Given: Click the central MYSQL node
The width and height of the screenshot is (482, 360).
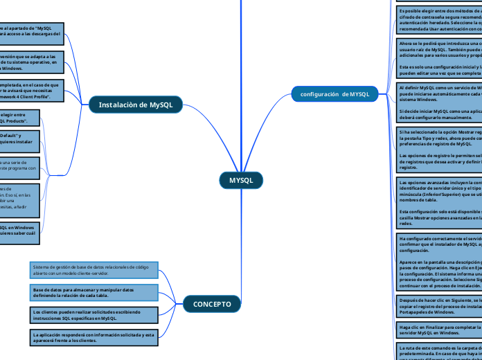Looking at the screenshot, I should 241,181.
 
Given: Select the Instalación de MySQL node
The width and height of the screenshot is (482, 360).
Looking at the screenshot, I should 136,105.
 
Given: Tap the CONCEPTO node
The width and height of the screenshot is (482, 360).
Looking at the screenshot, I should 212,304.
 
